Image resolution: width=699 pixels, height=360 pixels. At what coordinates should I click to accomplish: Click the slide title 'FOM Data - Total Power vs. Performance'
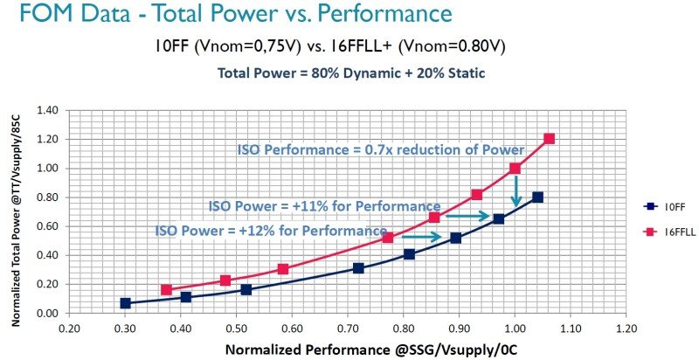point(228,15)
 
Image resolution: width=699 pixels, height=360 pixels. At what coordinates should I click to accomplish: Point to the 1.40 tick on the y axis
point(48,110)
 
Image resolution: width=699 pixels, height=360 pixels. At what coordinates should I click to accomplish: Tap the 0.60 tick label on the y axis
point(48,226)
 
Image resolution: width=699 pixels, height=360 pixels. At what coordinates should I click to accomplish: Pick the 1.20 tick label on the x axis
point(626,330)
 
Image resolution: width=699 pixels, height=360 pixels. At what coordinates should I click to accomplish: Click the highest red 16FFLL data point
point(549,139)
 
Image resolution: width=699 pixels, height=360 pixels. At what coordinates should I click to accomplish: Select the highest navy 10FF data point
point(537,197)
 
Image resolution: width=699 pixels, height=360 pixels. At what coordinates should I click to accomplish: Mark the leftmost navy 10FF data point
point(125,303)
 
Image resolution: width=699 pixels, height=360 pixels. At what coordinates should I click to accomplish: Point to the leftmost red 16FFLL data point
point(166,290)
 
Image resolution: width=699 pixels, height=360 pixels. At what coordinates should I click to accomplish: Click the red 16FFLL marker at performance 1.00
point(515,168)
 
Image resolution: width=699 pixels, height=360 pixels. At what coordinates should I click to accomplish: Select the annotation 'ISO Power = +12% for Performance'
point(271,231)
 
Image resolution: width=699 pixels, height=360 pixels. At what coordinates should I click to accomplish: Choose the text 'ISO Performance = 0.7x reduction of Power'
point(380,150)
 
